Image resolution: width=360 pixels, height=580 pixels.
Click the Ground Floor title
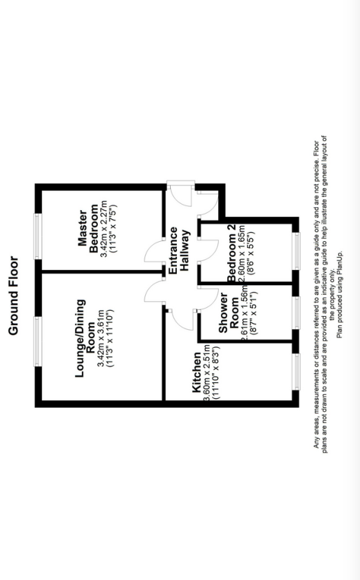[13, 296]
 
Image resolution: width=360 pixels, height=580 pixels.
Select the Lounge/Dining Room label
[85, 338]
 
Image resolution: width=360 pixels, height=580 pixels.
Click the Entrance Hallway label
[179, 251]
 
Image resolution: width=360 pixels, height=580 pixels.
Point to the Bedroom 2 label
[231, 253]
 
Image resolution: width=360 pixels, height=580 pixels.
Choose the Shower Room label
[229, 313]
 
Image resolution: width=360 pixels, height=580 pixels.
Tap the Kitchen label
[197, 372]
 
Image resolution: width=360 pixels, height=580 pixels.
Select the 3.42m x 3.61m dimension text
[100, 338]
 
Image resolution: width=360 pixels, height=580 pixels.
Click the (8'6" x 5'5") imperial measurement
[251, 252]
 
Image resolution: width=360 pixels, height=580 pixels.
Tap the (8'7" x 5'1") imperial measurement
[253, 313]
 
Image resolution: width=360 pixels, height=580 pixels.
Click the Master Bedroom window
[38, 236]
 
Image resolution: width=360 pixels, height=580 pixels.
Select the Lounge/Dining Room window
[38, 342]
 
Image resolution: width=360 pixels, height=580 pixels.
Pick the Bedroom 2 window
[296, 251]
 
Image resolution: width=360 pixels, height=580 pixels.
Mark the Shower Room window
[296, 313]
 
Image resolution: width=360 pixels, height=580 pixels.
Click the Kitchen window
[296, 371]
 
